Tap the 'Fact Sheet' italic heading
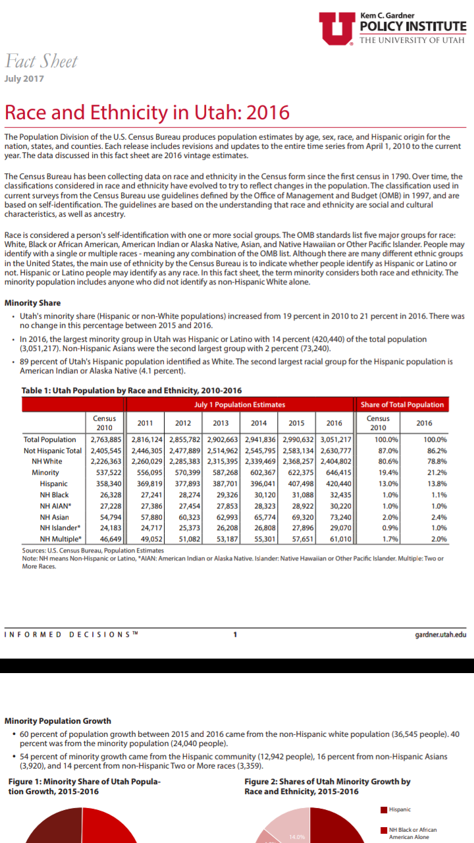(41, 62)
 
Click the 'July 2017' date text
(24, 79)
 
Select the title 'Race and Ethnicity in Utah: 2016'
(147, 112)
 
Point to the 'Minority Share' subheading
(32, 304)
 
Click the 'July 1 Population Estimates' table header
(240, 404)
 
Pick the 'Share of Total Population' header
(402, 404)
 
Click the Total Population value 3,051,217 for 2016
(336, 439)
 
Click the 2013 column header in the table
(221, 423)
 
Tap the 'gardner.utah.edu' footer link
(440, 635)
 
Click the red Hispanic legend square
(384, 809)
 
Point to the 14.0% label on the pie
(297, 837)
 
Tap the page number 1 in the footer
(235, 635)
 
